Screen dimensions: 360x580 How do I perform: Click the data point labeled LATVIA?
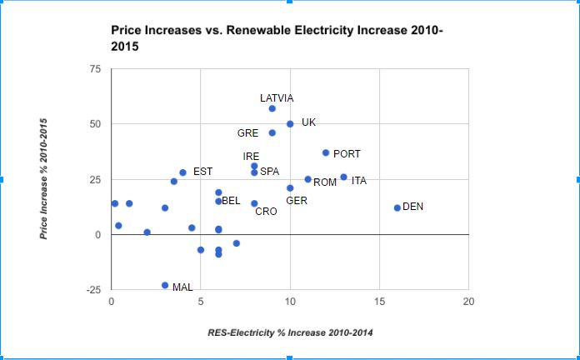pos(272,108)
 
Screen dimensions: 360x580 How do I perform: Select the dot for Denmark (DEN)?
pos(397,207)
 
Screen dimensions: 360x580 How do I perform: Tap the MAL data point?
pos(165,285)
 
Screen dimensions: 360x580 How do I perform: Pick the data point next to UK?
pos(290,124)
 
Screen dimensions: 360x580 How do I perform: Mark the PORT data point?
pos(326,152)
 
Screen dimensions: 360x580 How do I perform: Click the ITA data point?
pos(343,177)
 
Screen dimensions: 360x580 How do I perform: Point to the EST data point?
pos(182,172)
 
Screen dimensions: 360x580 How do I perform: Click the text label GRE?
pos(247,133)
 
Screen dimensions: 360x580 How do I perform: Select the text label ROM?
pos(324,182)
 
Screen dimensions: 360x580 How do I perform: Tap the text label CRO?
pos(266,212)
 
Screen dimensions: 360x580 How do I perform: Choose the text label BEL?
pos(231,201)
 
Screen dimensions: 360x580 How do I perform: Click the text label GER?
pos(297,201)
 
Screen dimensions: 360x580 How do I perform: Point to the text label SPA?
pos(269,172)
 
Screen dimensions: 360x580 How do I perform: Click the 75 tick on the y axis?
pos(96,70)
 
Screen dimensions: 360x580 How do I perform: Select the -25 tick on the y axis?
pos(93,290)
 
